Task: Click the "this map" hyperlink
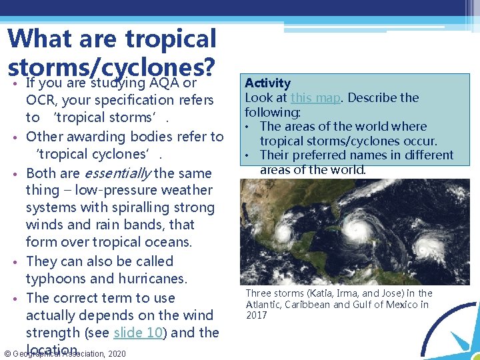click(x=316, y=98)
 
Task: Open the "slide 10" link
click(x=138, y=333)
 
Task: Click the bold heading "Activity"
click(x=267, y=83)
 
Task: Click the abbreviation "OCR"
click(x=41, y=100)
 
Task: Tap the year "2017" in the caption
click(x=256, y=316)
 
